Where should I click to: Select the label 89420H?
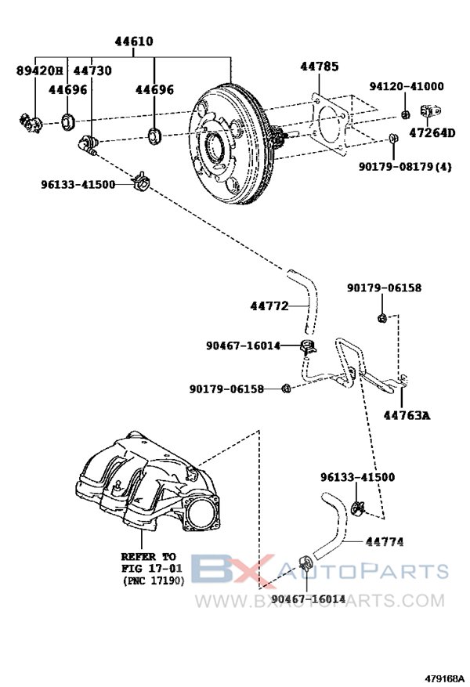38,71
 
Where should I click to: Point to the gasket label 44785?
320,67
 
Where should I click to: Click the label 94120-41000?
406,86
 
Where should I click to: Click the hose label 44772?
269,306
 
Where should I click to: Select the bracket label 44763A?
407,415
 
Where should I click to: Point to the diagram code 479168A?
444,678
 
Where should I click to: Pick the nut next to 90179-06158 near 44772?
286,388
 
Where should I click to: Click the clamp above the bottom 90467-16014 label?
305,563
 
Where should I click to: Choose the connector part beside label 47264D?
430,110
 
